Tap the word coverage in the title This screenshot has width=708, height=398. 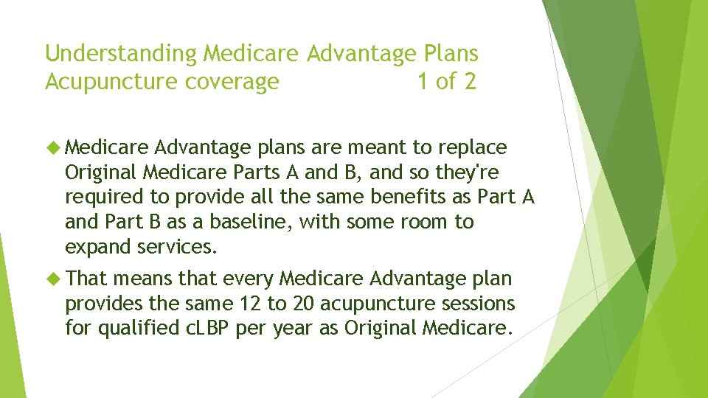232,81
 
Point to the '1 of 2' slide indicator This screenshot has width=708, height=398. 446,81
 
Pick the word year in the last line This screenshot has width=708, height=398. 294,328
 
